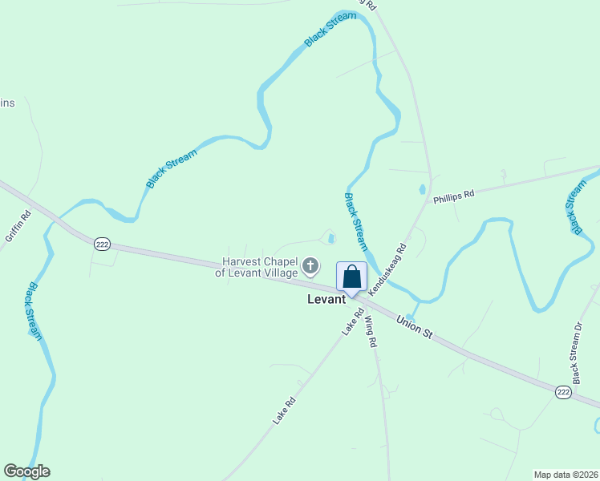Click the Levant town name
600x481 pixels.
[x=326, y=299]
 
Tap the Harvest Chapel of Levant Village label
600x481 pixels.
[x=256, y=267]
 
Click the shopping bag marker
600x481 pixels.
[x=351, y=278]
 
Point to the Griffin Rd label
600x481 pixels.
[x=18, y=226]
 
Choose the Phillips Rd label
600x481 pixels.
[x=454, y=196]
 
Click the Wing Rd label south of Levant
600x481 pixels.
[x=371, y=332]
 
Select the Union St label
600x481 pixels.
[x=415, y=325]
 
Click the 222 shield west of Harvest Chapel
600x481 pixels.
[x=102, y=244]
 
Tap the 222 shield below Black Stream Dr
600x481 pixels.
[x=563, y=392]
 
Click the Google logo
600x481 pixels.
[x=27, y=471]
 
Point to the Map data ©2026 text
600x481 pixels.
[x=566, y=475]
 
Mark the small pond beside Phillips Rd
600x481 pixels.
[x=422, y=190]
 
